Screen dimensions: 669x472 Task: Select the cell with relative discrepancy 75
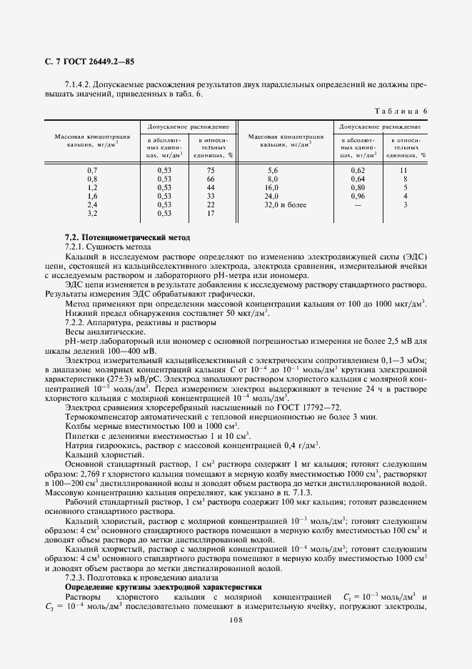[211, 170]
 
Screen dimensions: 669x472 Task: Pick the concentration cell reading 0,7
[91, 170]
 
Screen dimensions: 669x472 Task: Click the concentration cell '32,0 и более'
[286, 204]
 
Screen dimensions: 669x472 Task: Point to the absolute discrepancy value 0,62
[358, 170]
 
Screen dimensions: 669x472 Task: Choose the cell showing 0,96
[358, 196]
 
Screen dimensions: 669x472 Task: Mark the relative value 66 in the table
[211, 179]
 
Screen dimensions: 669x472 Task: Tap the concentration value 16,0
[272, 187]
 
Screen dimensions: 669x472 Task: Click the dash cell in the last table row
[358, 204]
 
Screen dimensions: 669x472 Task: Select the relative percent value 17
[211, 213]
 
